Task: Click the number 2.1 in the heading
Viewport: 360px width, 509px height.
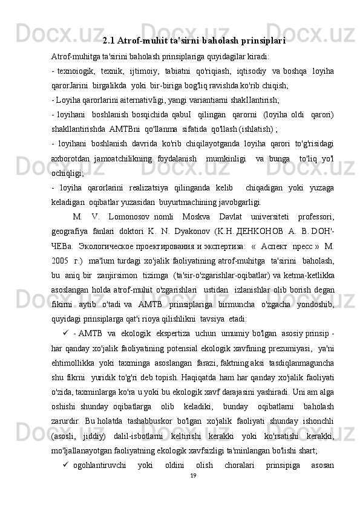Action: [x=109, y=42]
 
